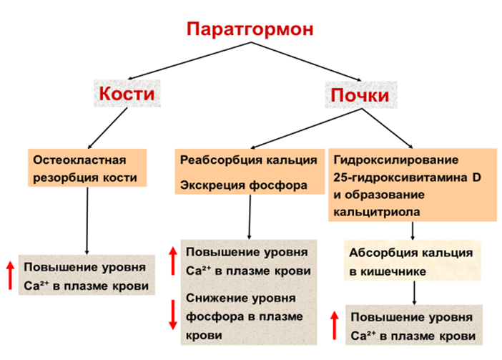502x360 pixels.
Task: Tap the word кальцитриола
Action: [377, 212]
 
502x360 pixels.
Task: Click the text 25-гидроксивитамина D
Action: [405, 177]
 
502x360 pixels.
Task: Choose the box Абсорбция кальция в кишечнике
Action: [410, 262]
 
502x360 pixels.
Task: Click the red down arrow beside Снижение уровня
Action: [172, 314]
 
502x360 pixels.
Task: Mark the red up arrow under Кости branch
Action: [11, 276]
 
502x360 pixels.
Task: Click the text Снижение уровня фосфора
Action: [242, 316]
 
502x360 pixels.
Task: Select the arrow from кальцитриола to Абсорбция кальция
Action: [413, 231]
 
